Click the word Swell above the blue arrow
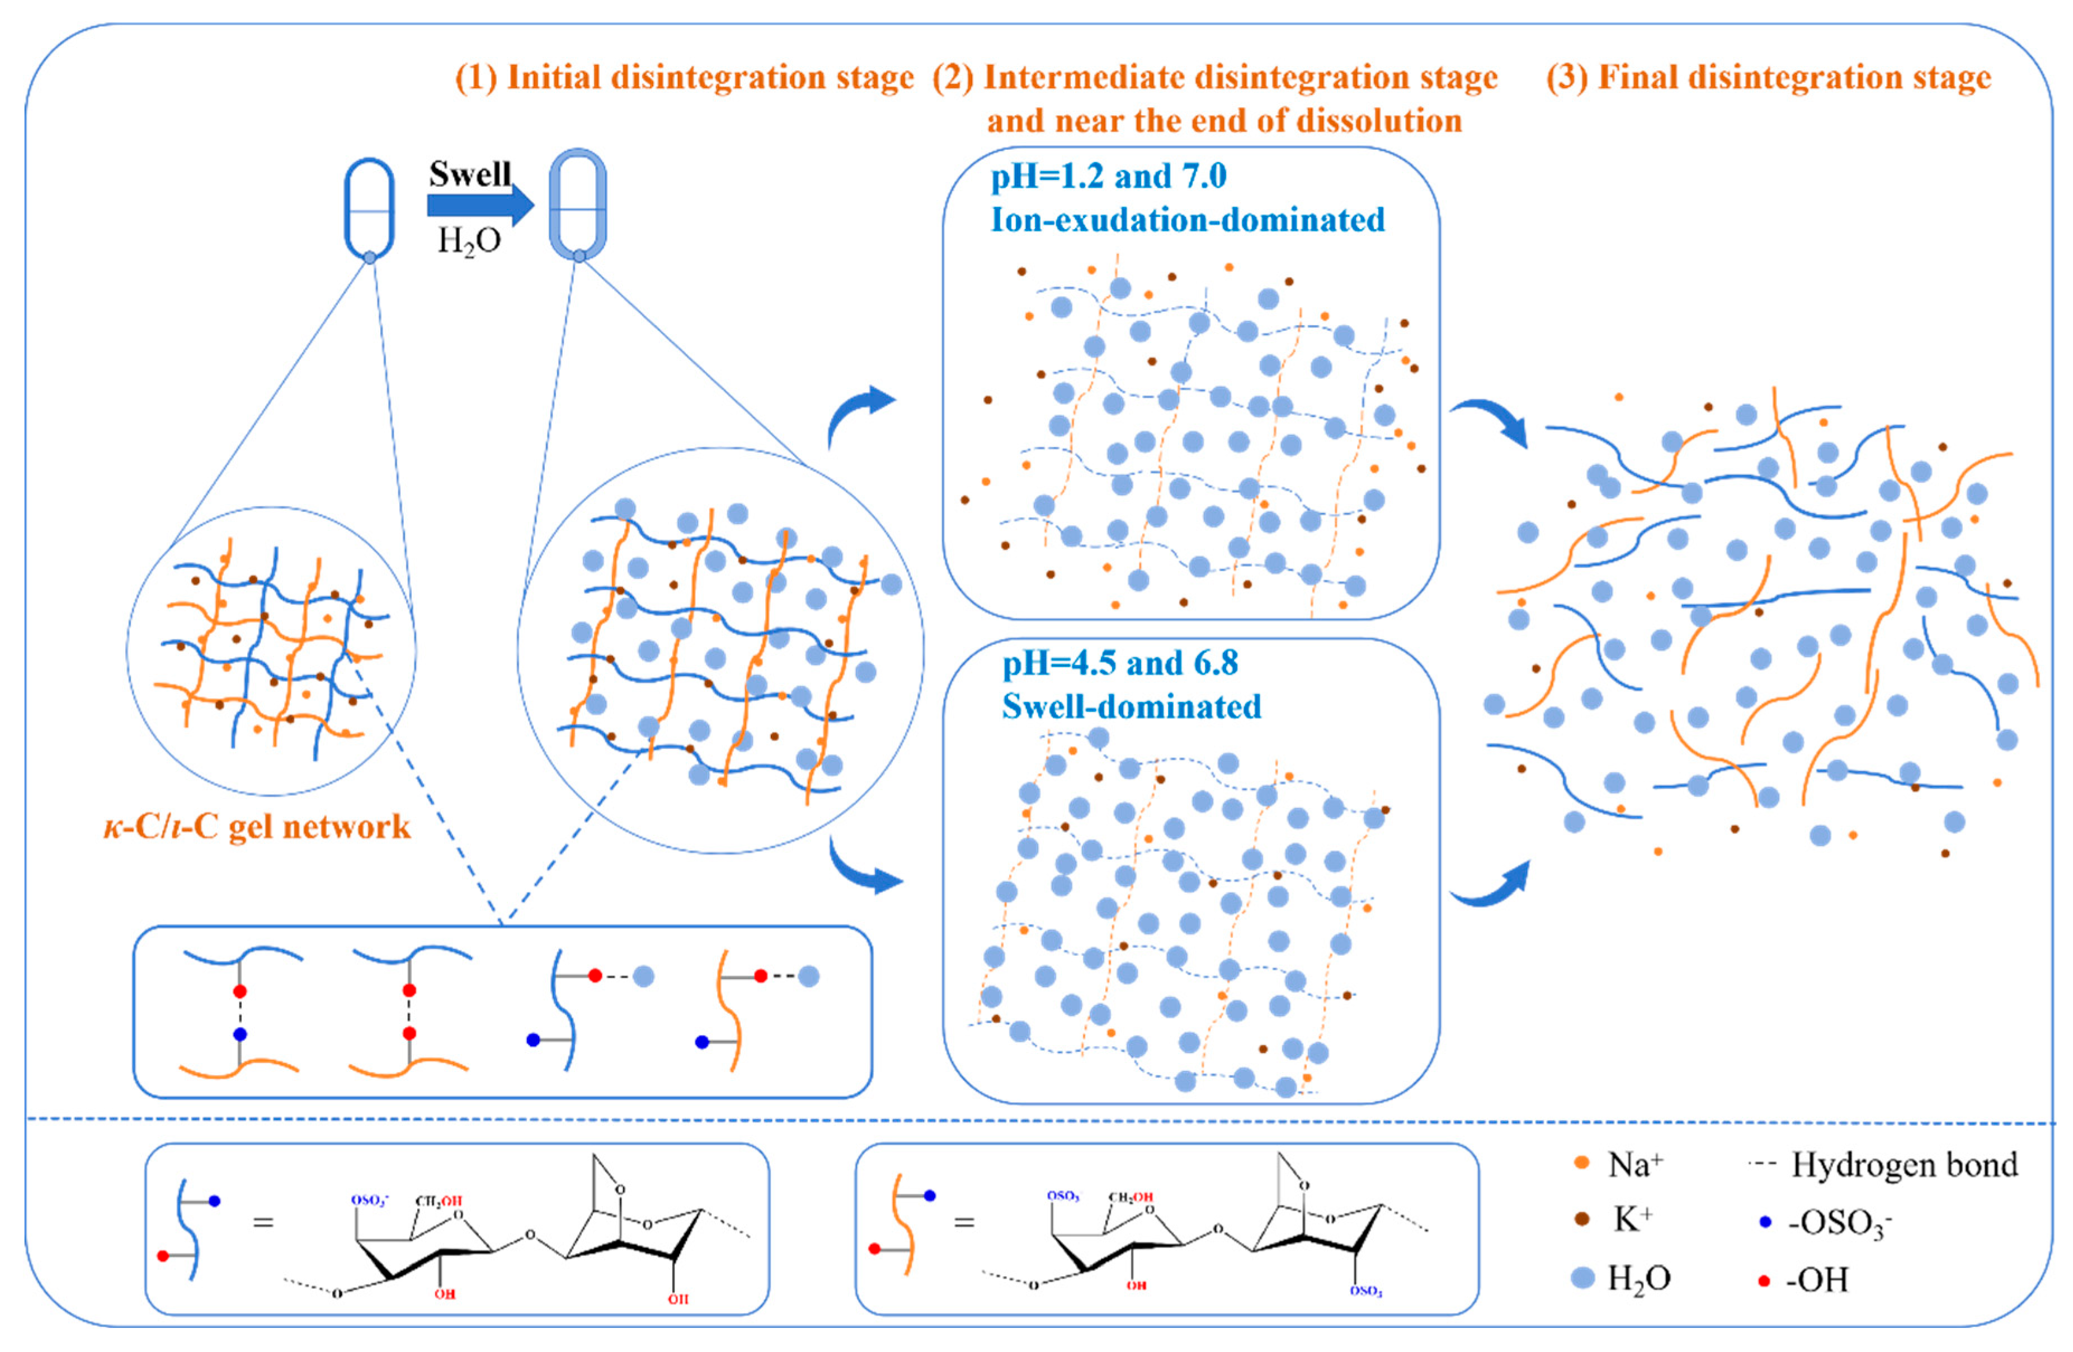coord(469,174)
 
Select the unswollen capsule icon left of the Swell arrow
coord(369,209)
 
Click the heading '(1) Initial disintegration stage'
coord(685,78)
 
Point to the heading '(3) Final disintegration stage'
coord(1768,78)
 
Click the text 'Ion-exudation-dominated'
coord(1187,220)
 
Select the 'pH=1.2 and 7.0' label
coord(1108,177)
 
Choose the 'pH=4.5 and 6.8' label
coord(1119,663)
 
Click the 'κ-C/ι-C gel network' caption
coord(257,826)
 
